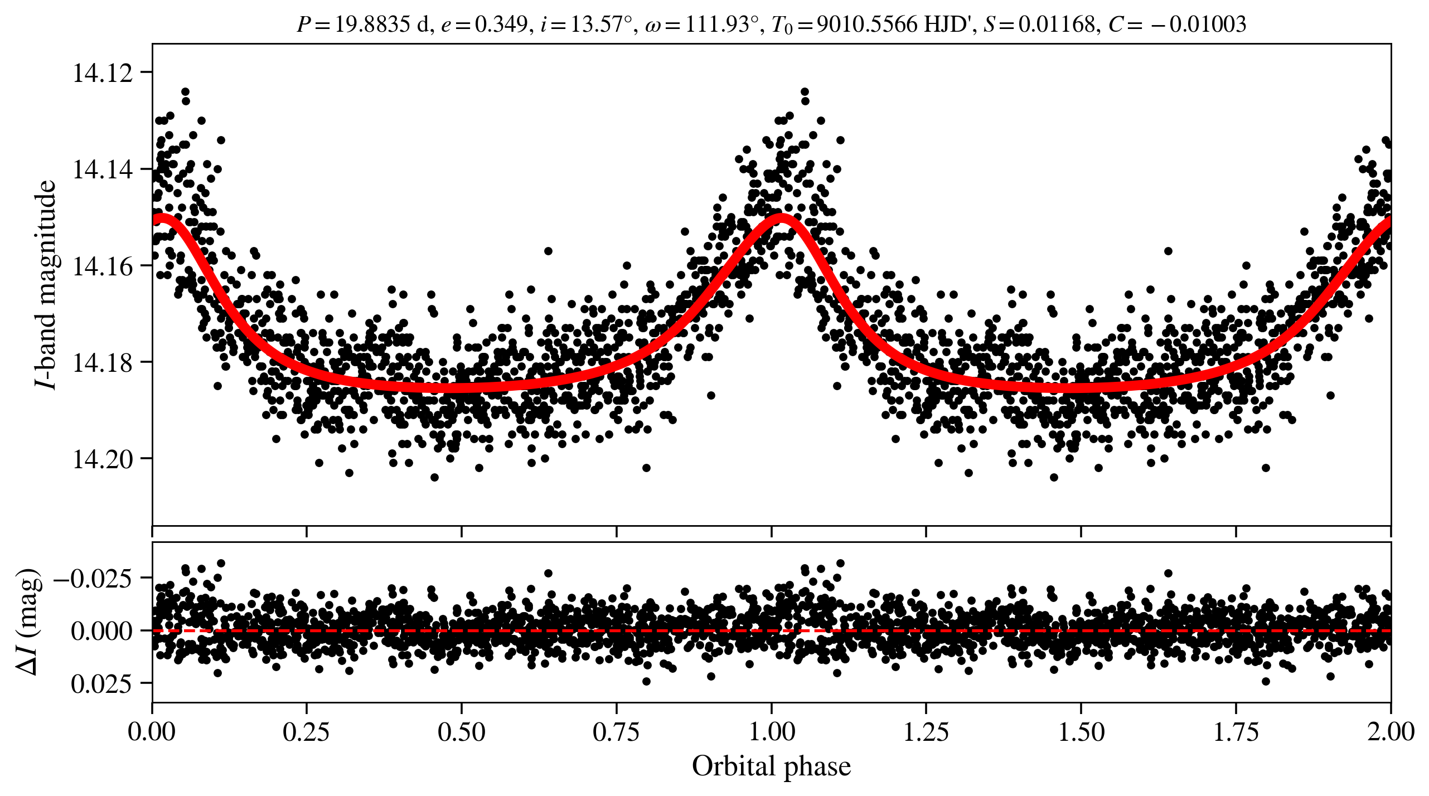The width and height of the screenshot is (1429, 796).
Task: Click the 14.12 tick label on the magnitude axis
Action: (x=103, y=73)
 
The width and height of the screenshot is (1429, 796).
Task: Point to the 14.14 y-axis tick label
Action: (x=103, y=169)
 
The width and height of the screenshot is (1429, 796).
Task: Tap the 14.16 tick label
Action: (x=103, y=266)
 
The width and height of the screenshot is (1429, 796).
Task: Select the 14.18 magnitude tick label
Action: (x=103, y=362)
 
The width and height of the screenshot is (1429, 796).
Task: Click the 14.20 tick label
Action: (x=103, y=459)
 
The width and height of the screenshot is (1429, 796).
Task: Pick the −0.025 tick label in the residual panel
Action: (x=93, y=579)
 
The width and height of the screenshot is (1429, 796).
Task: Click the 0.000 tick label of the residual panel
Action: (x=102, y=631)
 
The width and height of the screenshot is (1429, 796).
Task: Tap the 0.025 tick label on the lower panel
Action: (x=102, y=683)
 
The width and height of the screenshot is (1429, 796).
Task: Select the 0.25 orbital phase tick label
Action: (x=306, y=731)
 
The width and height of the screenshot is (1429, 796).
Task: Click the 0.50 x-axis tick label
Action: (x=461, y=731)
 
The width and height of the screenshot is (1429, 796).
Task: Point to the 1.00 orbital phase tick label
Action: (x=771, y=731)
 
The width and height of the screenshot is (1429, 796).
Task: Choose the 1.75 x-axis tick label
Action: (x=1236, y=731)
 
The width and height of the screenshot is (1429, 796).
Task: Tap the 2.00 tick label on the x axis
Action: (x=1391, y=731)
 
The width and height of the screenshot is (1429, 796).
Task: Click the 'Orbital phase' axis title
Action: (x=771, y=766)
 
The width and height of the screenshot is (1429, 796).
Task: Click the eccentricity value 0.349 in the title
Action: (x=500, y=24)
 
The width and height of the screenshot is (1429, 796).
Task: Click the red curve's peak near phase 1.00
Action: (x=781, y=217)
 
